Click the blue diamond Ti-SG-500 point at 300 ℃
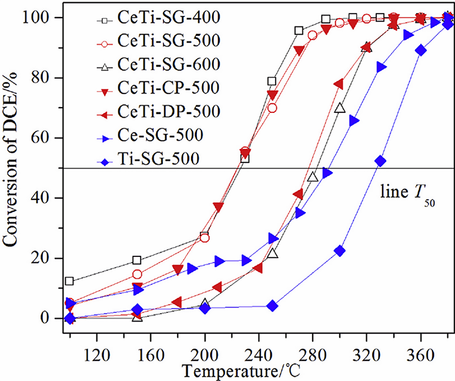click(339, 251)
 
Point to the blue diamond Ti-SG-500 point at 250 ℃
click(272, 306)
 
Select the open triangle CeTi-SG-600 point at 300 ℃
click(339, 108)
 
